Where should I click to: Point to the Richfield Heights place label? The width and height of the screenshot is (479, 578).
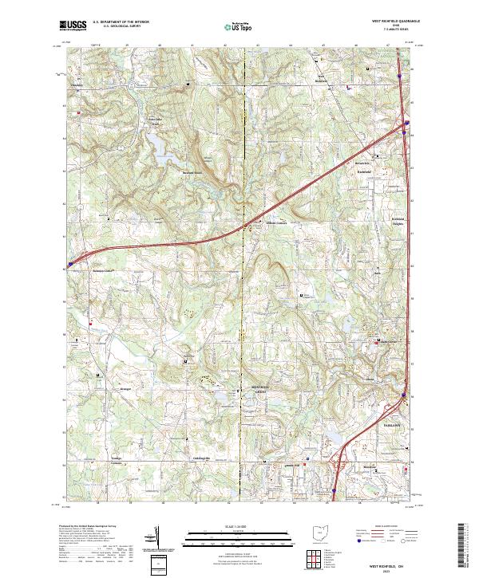398,222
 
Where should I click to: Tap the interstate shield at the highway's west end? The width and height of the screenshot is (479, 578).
70,261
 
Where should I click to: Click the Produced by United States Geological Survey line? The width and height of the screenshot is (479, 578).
88,527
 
